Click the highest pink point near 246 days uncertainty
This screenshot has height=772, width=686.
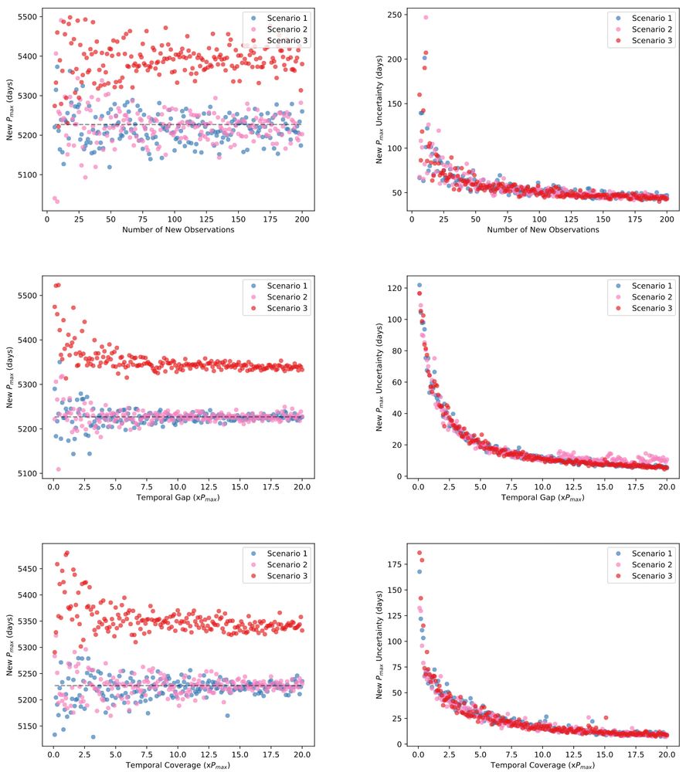pyautogui.click(x=426, y=18)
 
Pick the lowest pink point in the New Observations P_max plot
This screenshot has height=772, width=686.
pyautogui.click(x=57, y=201)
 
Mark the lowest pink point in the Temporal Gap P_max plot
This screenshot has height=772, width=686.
pyautogui.click(x=59, y=469)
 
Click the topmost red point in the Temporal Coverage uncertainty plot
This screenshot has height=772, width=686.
pyautogui.click(x=419, y=553)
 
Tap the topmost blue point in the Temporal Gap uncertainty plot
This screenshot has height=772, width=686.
pyautogui.click(x=419, y=285)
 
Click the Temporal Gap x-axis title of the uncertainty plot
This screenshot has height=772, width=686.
pyautogui.click(x=543, y=498)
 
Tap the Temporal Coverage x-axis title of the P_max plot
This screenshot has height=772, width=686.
pyautogui.click(x=177, y=765)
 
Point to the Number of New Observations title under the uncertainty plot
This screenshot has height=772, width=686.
pyautogui.click(x=543, y=229)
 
